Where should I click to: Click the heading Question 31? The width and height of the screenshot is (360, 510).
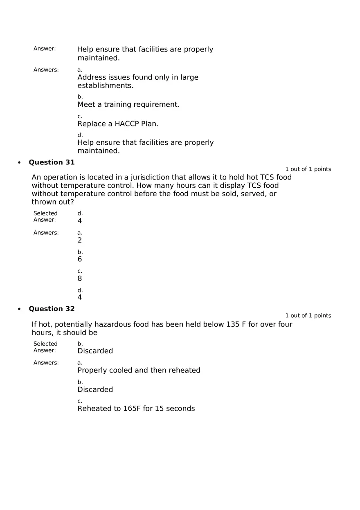click(x=52, y=162)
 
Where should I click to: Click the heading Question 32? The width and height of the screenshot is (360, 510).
click(x=52, y=309)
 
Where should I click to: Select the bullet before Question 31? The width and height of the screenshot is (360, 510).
click(x=19, y=163)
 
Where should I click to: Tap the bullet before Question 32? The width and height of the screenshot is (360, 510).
click(x=19, y=309)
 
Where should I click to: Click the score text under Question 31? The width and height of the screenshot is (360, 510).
click(x=308, y=169)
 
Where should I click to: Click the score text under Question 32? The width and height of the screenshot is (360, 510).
click(x=308, y=316)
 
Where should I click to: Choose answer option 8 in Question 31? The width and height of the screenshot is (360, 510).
click(x=80, y=279)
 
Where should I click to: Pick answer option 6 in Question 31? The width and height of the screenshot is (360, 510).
click(x=80, y=259)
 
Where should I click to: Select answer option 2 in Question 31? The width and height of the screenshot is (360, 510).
click(x=80, y=240)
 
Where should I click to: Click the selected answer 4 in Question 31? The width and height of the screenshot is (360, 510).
click(x=80, y=221)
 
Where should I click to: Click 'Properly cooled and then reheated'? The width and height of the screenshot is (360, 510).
click(x=139, y=370)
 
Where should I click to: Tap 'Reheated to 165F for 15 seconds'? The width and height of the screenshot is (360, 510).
click(x=136, y=409)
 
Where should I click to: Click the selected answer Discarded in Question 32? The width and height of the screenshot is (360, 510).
click(x=95, y=351)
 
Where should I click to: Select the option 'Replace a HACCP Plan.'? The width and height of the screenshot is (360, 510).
click(x=118, y=124)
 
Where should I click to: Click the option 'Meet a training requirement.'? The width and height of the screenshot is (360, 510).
click(x=128, y=104)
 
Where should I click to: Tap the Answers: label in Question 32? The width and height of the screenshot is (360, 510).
click(x=46, y=363)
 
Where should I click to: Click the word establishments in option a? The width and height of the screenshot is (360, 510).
click(x=106, y=86)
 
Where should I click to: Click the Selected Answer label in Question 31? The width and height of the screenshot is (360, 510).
click(x=45, y=216)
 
